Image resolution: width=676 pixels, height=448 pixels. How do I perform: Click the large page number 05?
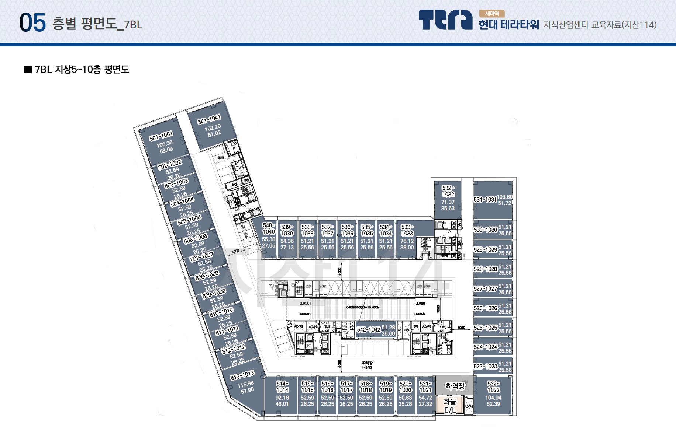(x=32, y=23)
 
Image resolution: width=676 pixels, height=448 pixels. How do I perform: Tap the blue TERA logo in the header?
(x=445, y=20)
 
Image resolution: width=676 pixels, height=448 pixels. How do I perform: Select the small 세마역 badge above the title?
(x=492, y=14)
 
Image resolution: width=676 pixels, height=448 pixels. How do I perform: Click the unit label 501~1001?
(x=161, y=136)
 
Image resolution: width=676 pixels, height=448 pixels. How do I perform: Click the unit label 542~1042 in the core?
(x=369, y=330)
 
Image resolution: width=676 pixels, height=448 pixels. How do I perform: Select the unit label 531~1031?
(x=485, y=200)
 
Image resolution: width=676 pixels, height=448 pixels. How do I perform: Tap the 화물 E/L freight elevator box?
(x=450, y=405)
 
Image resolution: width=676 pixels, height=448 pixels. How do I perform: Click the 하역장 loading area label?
(x=455, y=386)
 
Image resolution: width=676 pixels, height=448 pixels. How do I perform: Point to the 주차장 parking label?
(x=367, y=363)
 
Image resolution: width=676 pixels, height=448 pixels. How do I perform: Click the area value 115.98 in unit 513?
(x=245, y=384)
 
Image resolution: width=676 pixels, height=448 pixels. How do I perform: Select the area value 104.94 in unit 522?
(x=493, y=398)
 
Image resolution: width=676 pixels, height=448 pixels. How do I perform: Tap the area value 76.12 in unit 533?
(x=407, y=241)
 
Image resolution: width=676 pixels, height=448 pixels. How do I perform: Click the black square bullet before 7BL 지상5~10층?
(x=28, y=70)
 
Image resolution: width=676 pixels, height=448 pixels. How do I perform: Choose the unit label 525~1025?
(x=486, y=328)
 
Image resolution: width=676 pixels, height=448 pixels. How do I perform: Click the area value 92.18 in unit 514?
(x=282, y=398)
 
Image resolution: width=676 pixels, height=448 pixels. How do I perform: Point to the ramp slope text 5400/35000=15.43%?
(x=362, y=307)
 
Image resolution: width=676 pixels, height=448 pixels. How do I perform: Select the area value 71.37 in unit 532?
(x=448, y=202)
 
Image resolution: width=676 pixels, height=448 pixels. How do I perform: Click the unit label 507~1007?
(x=201, y=256)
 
